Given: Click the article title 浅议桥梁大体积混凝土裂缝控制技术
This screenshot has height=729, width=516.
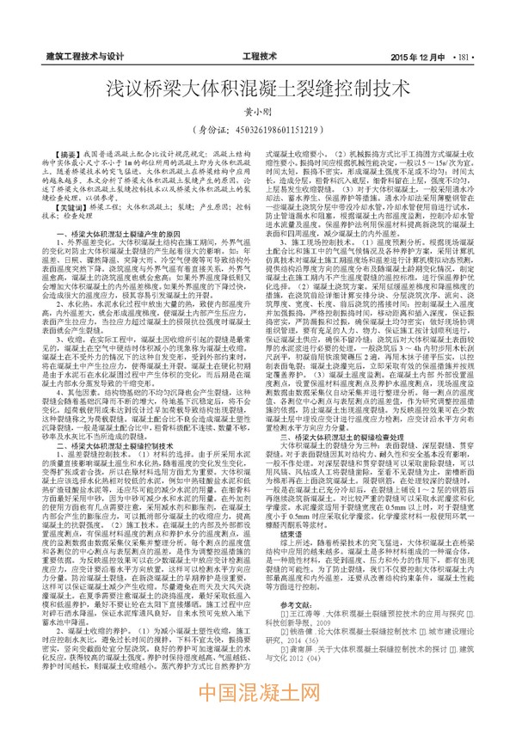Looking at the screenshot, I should coord(257,92).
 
